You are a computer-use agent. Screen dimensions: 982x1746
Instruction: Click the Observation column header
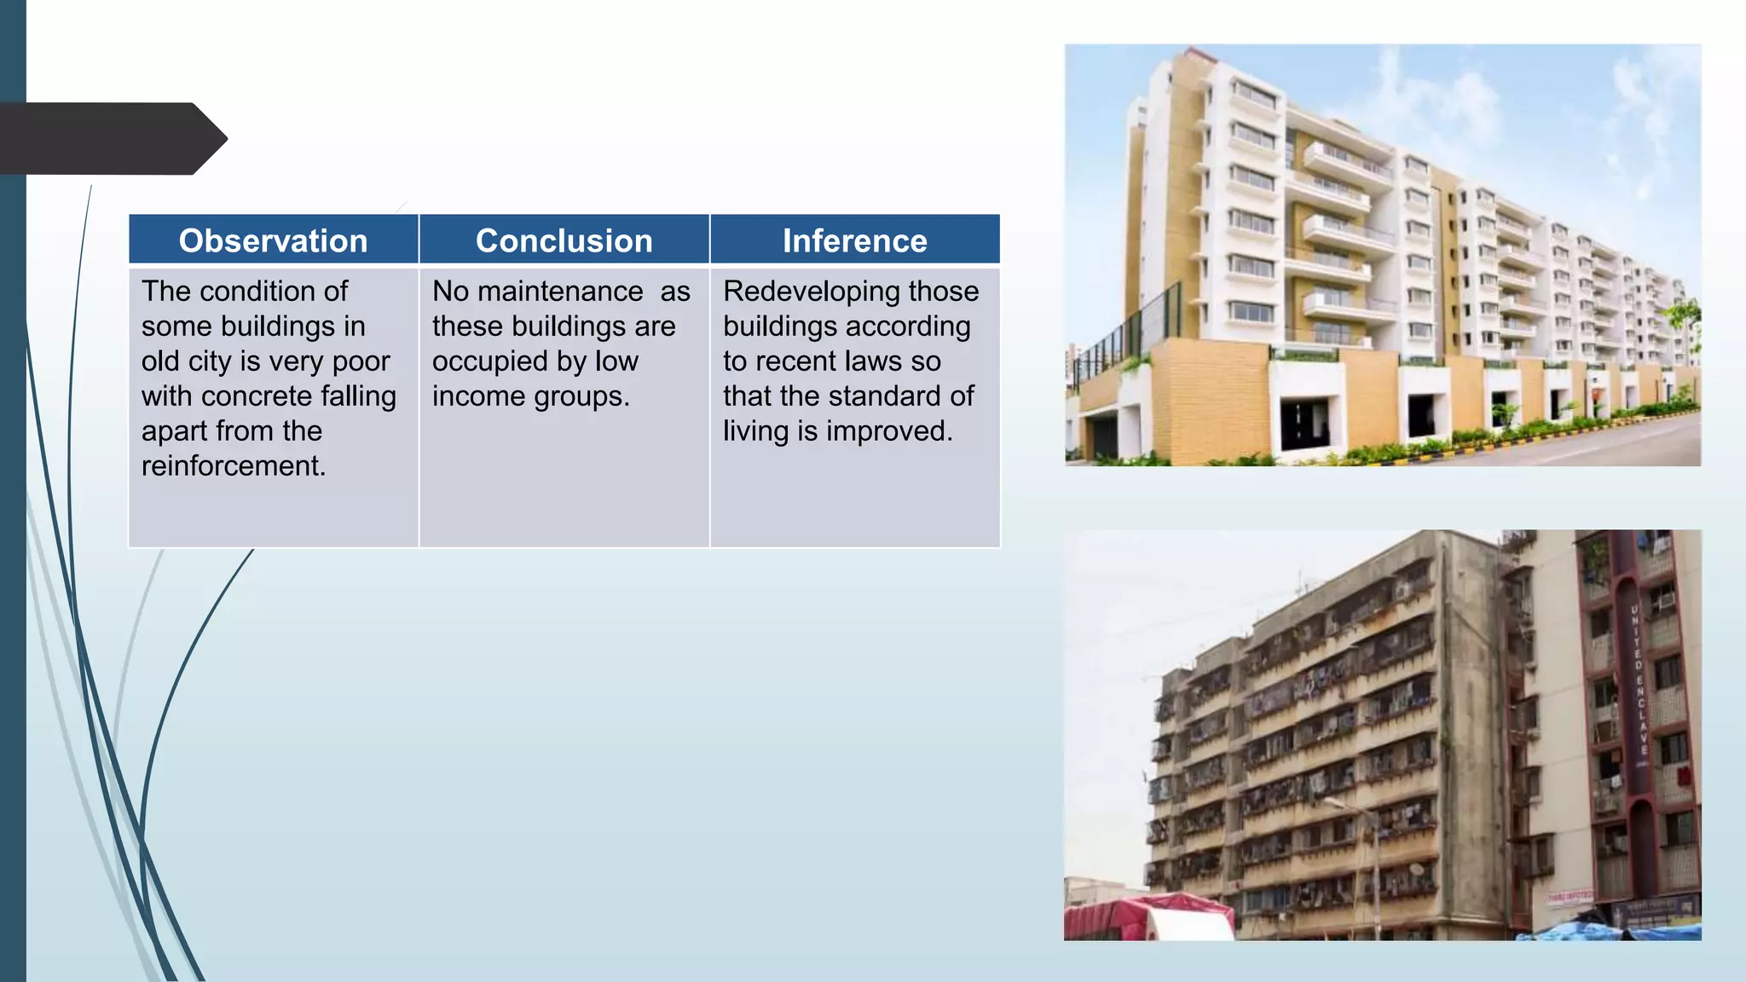(x=273, y=241)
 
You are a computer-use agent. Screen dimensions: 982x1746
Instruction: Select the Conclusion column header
(x=564, y=241)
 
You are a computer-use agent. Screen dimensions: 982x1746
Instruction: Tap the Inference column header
(x=854, y=241)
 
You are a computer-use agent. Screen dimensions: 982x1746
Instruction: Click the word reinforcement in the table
(x=233, y=466)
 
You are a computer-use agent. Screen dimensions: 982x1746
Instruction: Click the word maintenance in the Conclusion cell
(x=560, y=292)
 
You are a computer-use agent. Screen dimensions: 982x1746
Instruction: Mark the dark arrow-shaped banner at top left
(x=111, y=138)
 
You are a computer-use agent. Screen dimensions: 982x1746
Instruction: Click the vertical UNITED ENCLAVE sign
(x=1638, y=682)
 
